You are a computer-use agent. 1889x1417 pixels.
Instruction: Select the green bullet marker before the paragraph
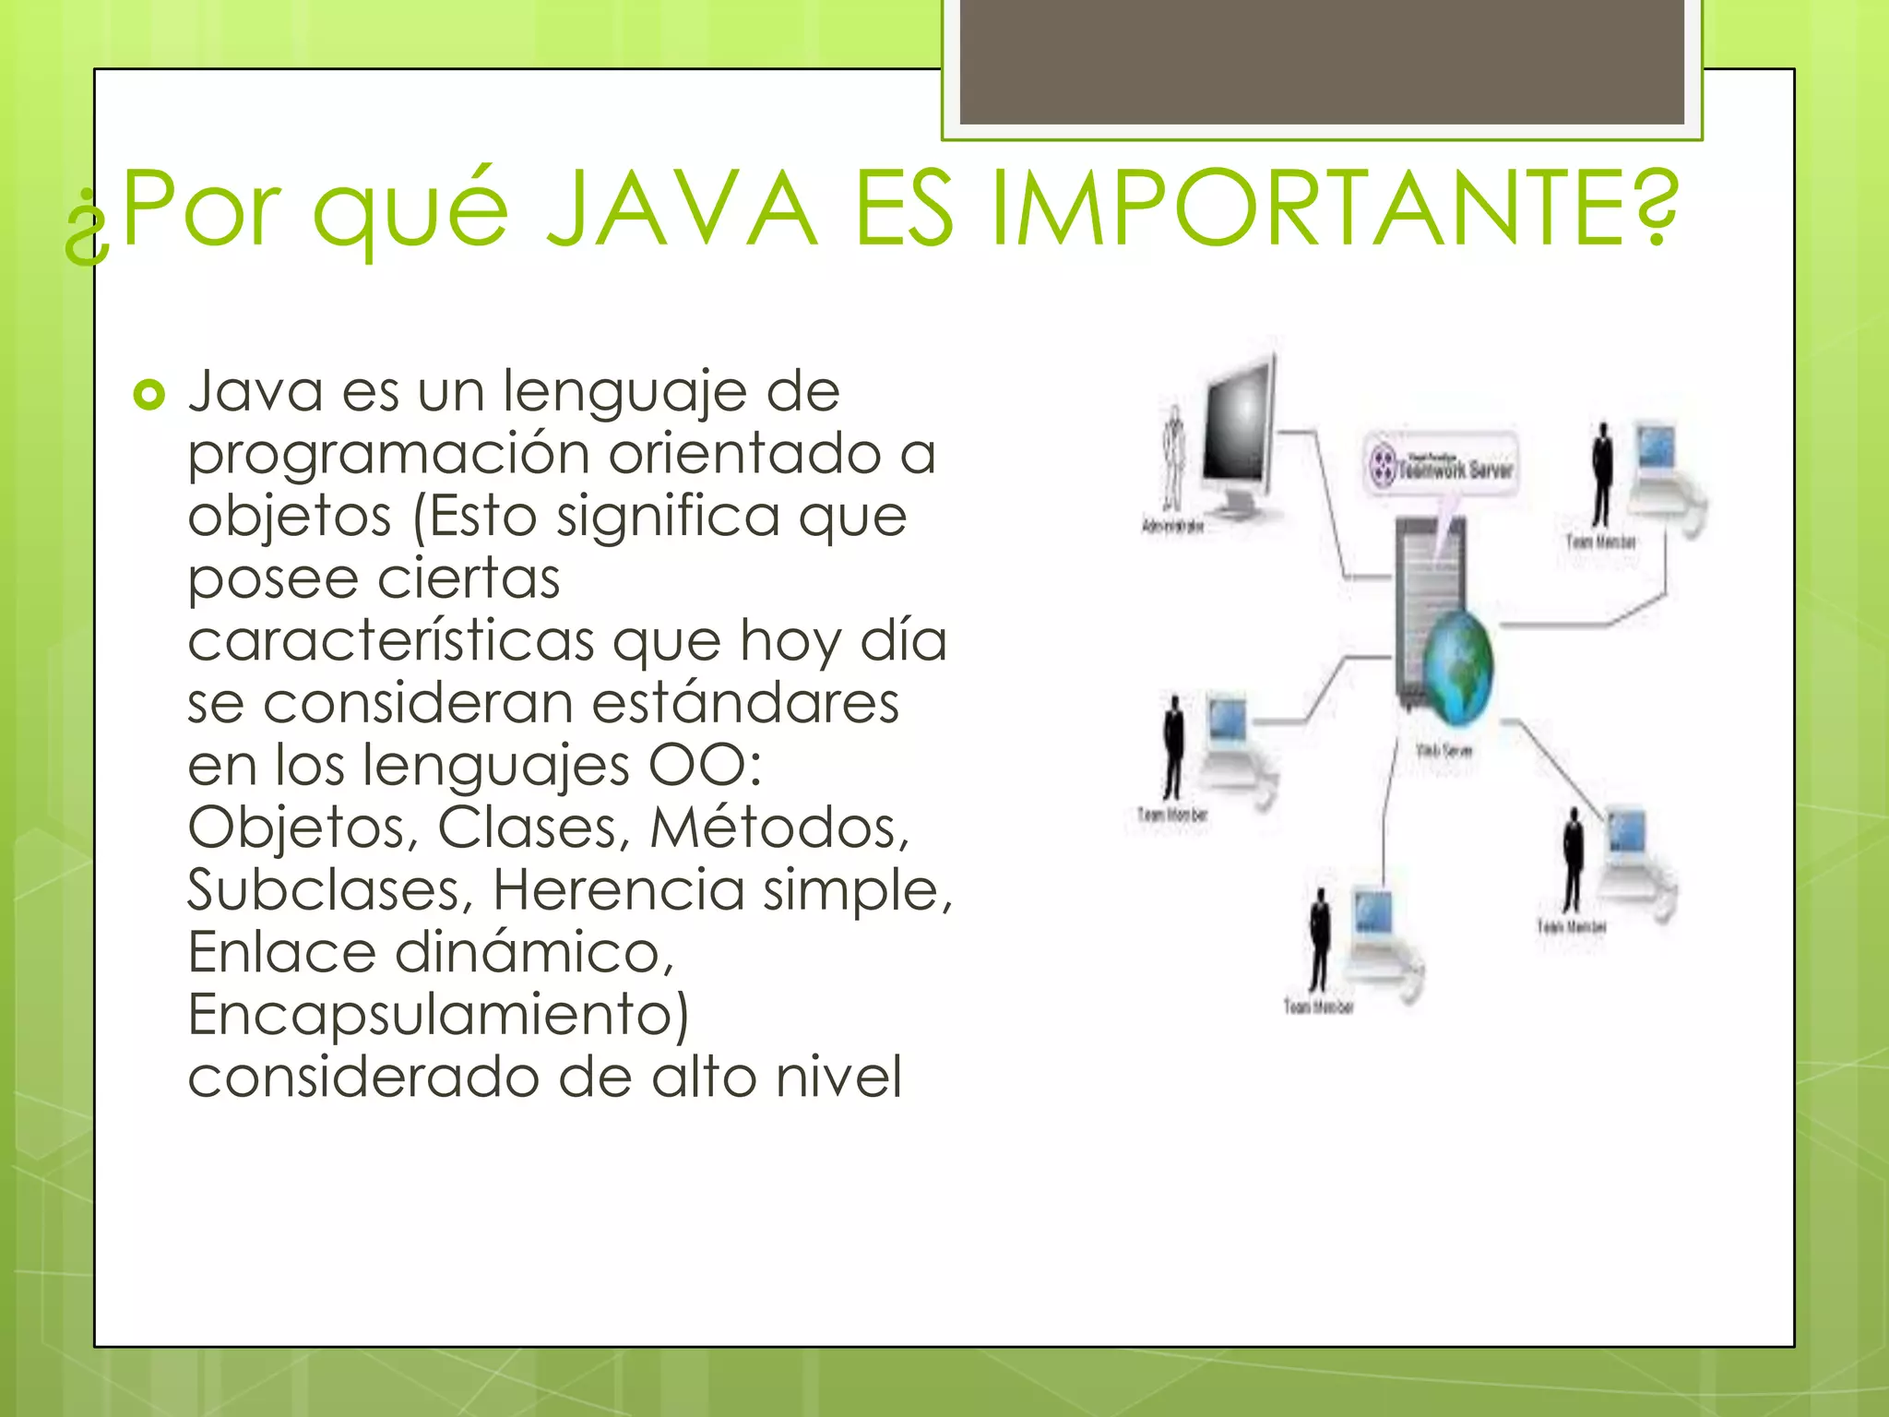pos(149,396)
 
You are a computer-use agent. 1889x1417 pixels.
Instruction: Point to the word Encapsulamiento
pos(438,1015)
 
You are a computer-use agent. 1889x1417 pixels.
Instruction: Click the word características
pos(391,640)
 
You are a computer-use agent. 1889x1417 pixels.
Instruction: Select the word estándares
pos(745,703)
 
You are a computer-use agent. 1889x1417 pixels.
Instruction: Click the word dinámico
pos(535,952)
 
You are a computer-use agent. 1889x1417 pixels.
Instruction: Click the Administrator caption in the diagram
pos(1173,526)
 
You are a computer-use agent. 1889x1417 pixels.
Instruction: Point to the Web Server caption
pos(1444,751)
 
